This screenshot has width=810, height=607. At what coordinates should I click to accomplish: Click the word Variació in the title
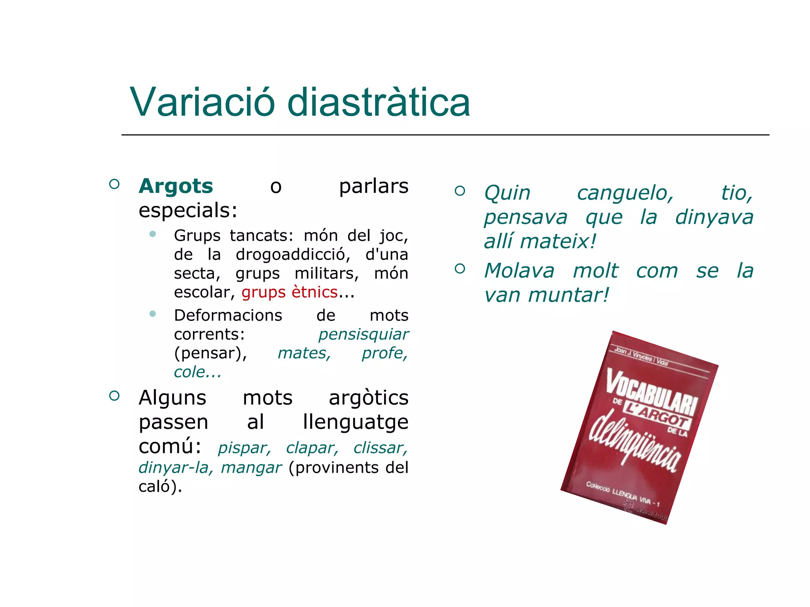[x=202, y=102]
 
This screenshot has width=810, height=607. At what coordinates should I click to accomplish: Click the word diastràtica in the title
[x=379, y=102]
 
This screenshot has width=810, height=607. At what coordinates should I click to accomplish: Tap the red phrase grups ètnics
[x=290, y=292]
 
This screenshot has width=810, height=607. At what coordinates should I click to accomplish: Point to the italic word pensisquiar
[x=363, y=334]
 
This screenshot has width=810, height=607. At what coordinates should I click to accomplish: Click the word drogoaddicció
[x=293, y=254]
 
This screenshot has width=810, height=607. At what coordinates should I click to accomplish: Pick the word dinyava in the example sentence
[x=714, y=217]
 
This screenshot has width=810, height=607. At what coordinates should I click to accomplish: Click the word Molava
[x=519, y=271]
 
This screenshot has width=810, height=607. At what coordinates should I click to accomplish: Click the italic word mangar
[x=251, y=468]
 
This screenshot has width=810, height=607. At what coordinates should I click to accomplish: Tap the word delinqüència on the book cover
[x=635, y=442]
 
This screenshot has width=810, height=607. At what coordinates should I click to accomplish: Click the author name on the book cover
[x=641, y=357]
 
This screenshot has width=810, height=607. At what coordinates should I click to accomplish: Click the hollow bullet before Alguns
[x=114, y=396]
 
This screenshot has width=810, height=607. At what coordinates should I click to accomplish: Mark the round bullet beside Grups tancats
[x=153, y=234]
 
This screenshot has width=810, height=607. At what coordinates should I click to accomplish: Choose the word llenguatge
[x=355, y=422]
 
